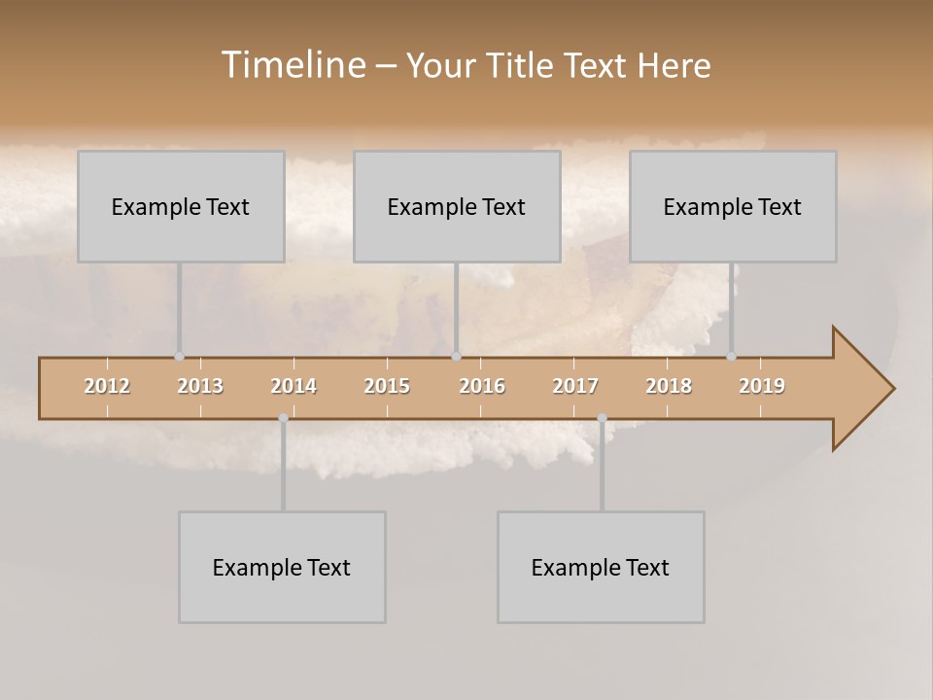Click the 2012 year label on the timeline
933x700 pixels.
[107, 386]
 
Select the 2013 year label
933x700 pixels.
[200, 386]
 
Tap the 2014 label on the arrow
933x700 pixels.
[294, 386]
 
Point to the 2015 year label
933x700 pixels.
[387, 386]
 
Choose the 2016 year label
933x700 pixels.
[482, 386]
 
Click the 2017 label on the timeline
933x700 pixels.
[575, 386]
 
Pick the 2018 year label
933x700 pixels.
[669, 386]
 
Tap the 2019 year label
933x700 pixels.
[762, 386]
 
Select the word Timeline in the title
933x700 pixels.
[293, 65]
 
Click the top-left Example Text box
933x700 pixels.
[181, 206]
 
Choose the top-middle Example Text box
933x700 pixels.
[457, 206]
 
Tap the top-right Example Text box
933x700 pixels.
[733, 206]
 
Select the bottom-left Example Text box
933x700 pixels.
[282, 567]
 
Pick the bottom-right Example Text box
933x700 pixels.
[601, 567]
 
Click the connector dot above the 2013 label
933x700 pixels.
[179, 357]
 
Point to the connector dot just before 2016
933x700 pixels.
[456, 357]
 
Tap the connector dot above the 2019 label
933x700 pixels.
[731, 357]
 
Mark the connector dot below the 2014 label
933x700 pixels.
[283, 418]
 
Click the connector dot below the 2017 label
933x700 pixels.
[602, 418]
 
